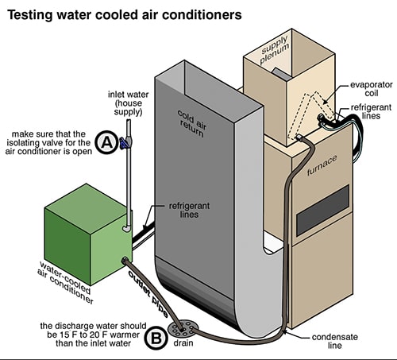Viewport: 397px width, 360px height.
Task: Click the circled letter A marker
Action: tap(106, 142)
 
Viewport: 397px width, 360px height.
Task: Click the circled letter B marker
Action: tap(156, 338)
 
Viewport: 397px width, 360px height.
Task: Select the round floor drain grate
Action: tap(183, 327)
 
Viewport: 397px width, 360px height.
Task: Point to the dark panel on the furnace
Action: tap(322, 211)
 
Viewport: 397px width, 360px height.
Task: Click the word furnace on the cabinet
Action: tap(322, 165)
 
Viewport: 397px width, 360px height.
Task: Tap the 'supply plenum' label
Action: tap(274, 50)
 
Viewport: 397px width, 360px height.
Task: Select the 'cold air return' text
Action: tap(192, 124)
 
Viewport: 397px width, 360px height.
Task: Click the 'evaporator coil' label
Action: tap(371, 89)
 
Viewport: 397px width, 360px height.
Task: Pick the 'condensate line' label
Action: tap(335, 341)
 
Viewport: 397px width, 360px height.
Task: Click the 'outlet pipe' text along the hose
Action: tap(148, 294)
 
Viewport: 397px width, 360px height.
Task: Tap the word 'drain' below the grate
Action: tap(183, 343)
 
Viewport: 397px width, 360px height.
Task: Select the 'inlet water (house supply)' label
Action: tap(128, 103)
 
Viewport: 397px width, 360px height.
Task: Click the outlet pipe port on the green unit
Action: tap(125, 260)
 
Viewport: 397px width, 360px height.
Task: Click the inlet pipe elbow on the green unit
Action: tap(127, 228)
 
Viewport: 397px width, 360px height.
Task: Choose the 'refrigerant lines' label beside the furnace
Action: tap(371, 111)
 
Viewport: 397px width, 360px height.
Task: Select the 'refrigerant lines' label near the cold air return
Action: tap(189, 210)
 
